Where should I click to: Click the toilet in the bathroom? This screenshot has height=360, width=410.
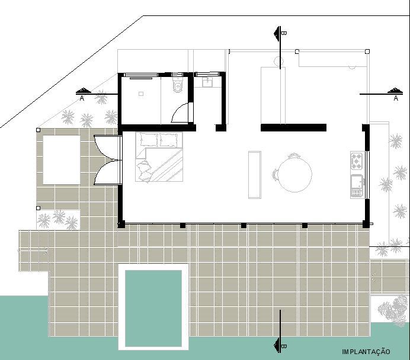pos(177,87)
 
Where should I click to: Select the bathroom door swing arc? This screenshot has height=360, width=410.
pos(180,112)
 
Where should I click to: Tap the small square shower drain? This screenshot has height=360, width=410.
pos(142,94)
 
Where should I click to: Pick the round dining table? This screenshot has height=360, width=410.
pos(296,175)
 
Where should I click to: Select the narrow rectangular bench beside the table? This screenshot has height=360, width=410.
pos(255,175)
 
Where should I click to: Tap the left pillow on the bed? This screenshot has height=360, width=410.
pos(148,140)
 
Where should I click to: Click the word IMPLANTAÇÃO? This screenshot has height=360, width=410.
pos(366,352)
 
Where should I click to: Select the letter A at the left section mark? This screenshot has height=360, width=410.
pos(82,99)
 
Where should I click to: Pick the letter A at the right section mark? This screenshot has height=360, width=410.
pos(395,99)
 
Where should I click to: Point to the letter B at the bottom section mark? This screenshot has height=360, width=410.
pos(284,345)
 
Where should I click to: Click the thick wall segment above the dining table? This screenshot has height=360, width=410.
pos(293,127)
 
